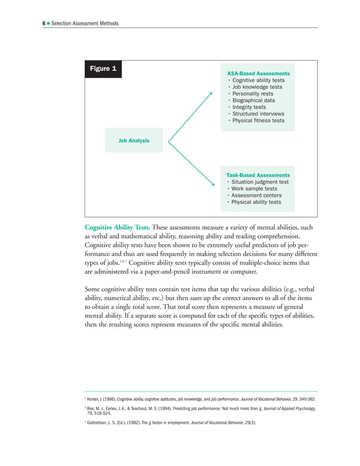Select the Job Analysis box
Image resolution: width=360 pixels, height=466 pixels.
[134, 140]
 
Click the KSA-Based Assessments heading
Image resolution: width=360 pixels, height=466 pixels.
[258, 74]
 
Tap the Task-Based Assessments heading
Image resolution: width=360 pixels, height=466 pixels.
[258, 175]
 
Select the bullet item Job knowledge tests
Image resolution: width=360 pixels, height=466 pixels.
[257, 87]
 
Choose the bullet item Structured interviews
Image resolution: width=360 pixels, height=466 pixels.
[258, 114]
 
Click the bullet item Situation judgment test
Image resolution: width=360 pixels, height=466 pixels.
[260, 182]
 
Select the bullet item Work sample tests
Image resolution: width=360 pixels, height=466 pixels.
[254, 189]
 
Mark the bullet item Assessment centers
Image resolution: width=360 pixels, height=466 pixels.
[257, 196]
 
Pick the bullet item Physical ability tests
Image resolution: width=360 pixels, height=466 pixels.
[256, 203]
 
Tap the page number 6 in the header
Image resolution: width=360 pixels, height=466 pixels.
[44, 23]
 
